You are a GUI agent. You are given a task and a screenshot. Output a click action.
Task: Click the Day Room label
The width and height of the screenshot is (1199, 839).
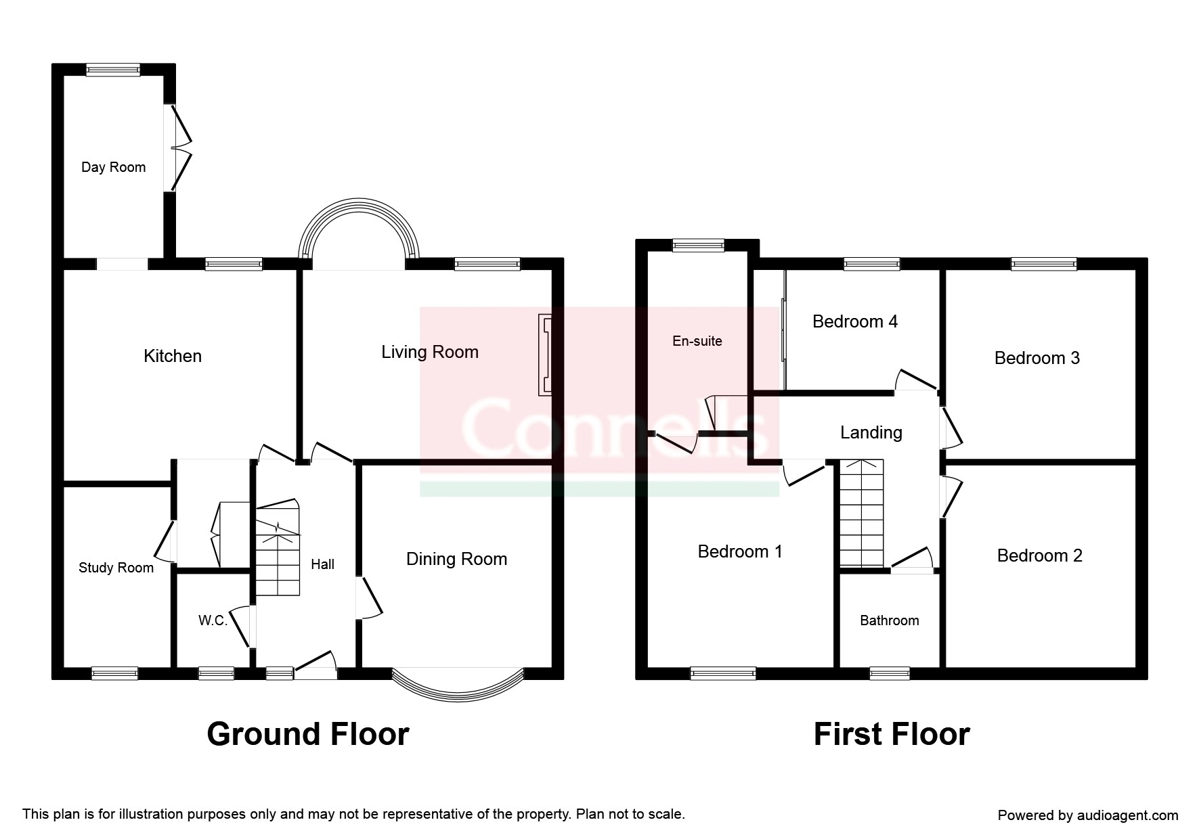coord(114,167)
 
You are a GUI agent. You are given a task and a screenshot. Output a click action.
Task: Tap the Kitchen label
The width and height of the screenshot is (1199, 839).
coord(173,356)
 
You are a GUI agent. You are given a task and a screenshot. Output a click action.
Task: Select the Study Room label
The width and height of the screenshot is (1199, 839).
coord(116,568)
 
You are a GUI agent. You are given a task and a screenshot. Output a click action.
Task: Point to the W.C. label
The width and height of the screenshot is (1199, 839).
coord(213,620)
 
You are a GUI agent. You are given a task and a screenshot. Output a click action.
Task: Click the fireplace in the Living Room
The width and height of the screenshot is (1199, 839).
coord(545,354)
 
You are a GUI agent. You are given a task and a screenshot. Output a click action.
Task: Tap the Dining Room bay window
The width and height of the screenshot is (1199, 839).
coord(458,683)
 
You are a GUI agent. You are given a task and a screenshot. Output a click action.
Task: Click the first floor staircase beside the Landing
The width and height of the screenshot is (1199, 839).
coord(862,513)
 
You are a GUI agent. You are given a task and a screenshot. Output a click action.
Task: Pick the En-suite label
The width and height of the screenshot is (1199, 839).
coord(697,341)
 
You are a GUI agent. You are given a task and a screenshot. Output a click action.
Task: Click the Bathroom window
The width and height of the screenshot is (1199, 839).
coord(890,673)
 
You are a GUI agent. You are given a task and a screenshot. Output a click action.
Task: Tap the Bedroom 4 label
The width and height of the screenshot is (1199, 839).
coord(855,321)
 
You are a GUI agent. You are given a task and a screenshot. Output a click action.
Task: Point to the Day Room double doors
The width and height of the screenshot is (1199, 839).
coord(179,148)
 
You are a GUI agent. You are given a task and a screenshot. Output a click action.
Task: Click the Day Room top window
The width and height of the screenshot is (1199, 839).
coord(113,69)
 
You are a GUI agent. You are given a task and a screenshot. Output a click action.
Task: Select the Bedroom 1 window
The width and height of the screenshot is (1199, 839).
coord(723,673)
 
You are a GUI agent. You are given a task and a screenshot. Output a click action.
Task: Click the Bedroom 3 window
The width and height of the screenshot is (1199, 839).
coord(1044,264)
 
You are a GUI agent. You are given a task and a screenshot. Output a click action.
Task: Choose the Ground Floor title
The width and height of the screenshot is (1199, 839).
coord(308,734)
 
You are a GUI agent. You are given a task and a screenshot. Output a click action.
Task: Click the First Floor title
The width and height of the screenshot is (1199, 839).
coord(892,734)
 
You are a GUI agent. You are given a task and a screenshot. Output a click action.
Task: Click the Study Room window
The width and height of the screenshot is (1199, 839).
coord(115,673)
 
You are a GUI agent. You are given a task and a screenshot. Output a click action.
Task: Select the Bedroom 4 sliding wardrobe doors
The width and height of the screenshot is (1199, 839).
coord(783,330)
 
